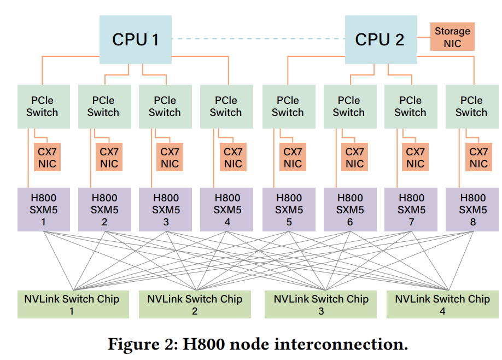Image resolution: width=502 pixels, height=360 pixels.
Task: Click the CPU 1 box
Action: click(135, 39)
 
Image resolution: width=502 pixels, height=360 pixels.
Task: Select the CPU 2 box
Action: click(380, 39)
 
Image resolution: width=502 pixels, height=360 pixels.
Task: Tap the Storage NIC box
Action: click(452, 37)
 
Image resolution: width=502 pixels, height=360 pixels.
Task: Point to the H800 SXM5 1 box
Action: click(43, 210)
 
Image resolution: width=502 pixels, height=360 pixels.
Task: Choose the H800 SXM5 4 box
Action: click(227, 210)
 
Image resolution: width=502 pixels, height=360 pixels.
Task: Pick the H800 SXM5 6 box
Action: click(349, 210)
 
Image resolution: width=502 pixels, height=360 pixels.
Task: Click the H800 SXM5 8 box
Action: click(472, 210)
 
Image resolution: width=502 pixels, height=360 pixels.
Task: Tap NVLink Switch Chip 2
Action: click(195, 304)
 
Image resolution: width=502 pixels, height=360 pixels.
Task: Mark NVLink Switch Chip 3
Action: click(320, 304)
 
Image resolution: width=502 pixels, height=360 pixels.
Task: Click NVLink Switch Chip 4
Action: click(442, 304)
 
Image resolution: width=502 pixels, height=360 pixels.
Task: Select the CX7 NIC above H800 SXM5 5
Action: click(293, 158)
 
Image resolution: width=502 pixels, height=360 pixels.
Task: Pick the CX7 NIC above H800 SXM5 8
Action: click(478, 158)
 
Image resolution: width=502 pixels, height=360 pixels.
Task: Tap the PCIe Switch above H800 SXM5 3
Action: click(165, 106)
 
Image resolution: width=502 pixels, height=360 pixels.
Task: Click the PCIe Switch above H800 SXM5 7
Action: click(410, 106)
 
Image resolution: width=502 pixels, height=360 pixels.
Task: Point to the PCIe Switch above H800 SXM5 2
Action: click(103, 106)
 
